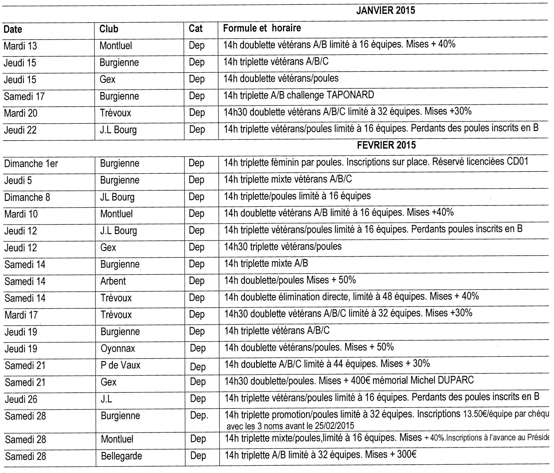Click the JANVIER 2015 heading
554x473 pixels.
386,11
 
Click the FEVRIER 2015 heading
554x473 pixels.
386,145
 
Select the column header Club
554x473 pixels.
109,29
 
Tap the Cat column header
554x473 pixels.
195,29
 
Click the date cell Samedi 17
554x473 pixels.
24,96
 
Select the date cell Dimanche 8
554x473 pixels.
27,197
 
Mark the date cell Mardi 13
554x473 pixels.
20,46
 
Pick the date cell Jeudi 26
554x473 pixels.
21,399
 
